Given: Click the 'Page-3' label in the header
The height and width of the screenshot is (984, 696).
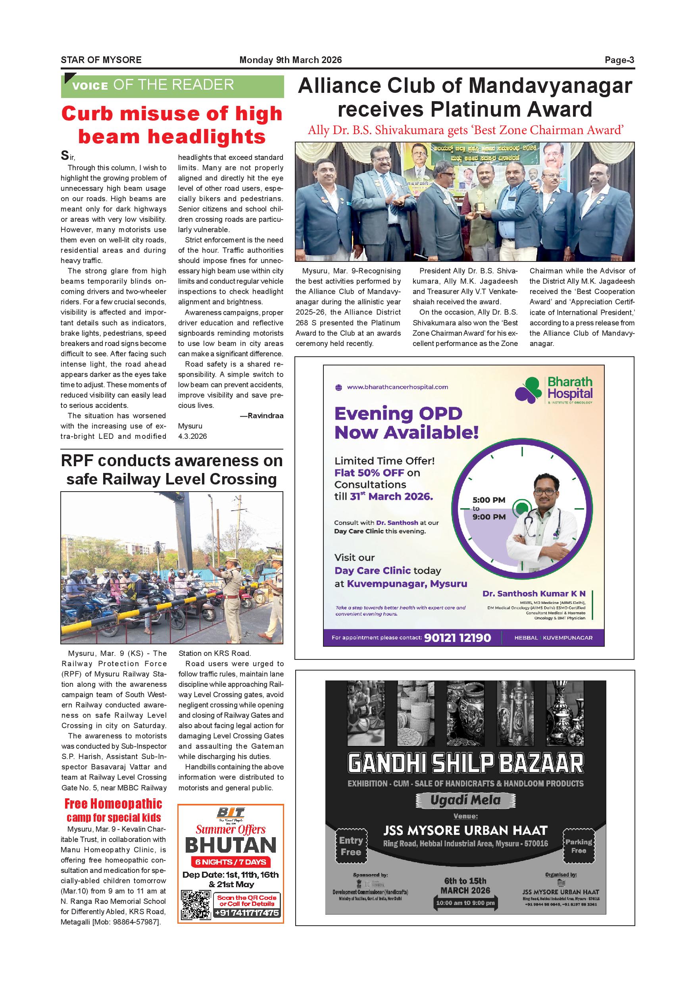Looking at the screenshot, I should pyautogui.click(x=619, y=60).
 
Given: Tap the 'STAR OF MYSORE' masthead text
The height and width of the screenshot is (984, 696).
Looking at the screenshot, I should pyautogui.click(x=101, y=60).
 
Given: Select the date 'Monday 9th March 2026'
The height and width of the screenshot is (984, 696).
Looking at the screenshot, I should pyautogui.click(x=290, y=60).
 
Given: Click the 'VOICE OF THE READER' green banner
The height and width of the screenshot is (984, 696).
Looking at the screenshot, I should pyautogui.click(x=172, y=86).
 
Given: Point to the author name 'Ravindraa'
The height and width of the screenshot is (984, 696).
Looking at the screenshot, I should pyautogui.click(x=265, y=416).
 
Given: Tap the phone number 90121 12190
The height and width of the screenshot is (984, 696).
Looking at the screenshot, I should pyautogui.click(x=457, y=638).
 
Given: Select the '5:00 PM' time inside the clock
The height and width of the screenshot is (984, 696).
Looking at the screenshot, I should pyautogui.click(x=488, y=500).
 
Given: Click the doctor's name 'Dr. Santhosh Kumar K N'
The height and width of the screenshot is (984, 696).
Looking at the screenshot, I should pyautogui.click(x=534, y=594).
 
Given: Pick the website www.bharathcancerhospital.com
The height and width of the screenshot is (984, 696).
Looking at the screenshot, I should pyautogui.click(x=397, y=387).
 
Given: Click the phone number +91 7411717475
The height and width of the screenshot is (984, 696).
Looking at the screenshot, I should pyautogui.click(x=246, y=913).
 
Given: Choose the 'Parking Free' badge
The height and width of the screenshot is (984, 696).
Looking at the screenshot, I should pyautogui.click(x=579, y=846).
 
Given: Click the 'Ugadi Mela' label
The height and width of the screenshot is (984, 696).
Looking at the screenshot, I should pyautogui.click(x=465, y=800).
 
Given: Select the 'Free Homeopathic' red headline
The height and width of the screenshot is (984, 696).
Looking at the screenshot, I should pyautogui.click(x=113, y=804).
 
